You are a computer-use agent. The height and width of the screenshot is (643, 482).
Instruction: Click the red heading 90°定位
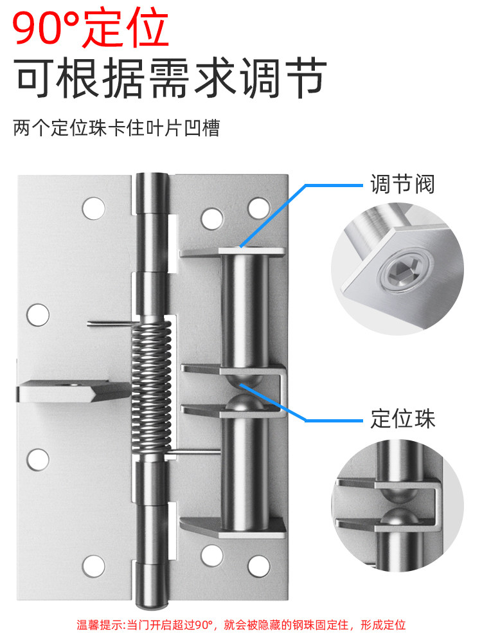click(91, 28)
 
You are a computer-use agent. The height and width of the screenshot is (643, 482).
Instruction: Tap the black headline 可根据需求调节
click(171, 78)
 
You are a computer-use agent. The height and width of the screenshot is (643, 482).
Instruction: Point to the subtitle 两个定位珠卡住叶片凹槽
click(116, 128)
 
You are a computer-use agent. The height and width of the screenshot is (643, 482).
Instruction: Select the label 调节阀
click(402, 183)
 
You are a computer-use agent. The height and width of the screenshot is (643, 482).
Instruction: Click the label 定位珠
click(402, 419)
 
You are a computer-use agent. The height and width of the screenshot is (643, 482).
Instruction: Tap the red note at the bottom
click(241, 624)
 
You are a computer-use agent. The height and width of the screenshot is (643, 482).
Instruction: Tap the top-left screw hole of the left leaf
click(93, 208)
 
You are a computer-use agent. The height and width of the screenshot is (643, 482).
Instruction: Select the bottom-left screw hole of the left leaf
click(93, 566)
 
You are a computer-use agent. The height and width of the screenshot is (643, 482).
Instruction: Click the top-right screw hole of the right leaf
click(260, 208)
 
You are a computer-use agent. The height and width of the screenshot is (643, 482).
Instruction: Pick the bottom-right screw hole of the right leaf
click(260, 566)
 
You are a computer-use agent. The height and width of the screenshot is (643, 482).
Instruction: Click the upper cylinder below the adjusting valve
click(245, 311)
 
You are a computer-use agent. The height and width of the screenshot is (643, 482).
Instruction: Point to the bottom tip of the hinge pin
click(152, 606)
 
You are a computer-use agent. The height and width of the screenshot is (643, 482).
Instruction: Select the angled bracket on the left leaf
click(74, 391)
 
